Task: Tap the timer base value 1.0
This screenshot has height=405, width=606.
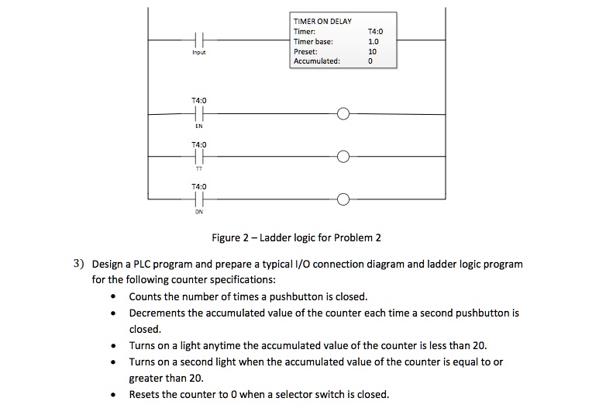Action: [x=372, y=41]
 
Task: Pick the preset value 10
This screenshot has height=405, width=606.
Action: [x=372, y=51]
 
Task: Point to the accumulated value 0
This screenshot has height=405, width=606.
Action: [x=372, y=61]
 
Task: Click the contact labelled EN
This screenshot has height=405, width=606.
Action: [x=199, y=114]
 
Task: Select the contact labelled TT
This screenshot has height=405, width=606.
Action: [x=199, y=157]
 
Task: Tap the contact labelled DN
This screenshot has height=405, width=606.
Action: [x=199, y=199]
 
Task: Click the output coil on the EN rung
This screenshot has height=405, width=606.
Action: [x=343, y=114]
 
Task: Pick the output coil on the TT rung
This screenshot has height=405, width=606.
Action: [x=343, y=157]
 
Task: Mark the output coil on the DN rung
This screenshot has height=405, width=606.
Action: [x=343, y=199]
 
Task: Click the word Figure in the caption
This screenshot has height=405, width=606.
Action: [x=228, y=237]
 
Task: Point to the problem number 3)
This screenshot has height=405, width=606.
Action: [x=78, y=264]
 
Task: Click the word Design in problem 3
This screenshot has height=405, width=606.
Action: [x=108, y=264]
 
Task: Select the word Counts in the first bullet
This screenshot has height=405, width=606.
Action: [x=145, y=296]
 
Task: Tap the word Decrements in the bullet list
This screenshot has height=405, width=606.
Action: [x=157, y=313]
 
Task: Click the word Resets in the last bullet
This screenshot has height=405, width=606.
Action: [x=144, y=394]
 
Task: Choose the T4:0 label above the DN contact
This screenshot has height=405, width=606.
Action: [x=199, y=186]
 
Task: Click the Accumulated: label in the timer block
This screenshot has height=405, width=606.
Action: [x=317, y=61]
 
